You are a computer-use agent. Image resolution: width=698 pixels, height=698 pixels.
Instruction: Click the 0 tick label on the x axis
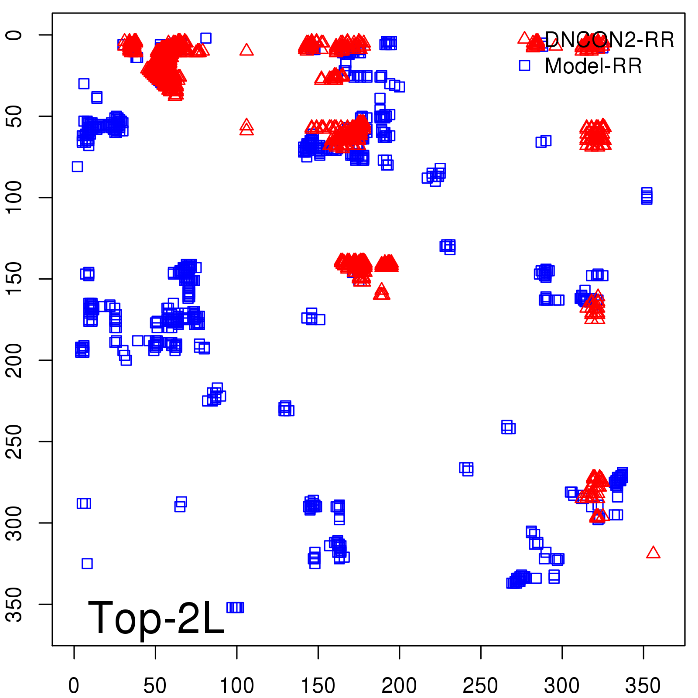[x=74, y=685]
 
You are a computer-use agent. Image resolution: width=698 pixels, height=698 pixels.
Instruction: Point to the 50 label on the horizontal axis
[x=155, y=685]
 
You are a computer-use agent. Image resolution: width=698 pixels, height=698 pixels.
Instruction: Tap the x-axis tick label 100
[x=236, y=685]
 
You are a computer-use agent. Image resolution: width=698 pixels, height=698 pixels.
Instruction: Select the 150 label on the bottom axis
[x=318, y=685]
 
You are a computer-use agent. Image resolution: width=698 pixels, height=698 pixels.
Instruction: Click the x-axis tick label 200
[x=399, y=685]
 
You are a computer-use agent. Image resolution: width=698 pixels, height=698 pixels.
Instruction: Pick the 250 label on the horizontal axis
[x=480, y=685]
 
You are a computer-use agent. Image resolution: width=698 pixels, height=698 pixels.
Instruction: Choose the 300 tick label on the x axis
[x=562, y=685]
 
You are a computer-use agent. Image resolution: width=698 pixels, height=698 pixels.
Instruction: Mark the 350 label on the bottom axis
[x=643, y=685]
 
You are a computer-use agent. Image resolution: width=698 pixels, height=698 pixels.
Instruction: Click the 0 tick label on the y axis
[x=14, y=35]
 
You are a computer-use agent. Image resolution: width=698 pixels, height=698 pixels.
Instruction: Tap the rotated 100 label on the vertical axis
[x=14, y=197]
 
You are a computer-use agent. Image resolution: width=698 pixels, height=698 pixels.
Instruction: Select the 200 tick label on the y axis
[x=14, y=360]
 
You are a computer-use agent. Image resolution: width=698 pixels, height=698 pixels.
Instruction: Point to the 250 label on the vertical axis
[x=14, y=441]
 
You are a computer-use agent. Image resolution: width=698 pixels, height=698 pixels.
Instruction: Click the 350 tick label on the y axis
[x=14, y=604]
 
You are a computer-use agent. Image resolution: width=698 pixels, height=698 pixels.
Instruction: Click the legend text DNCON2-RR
[x=609, y=40]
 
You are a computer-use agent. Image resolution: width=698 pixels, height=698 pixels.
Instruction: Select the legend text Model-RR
[x=593, y=66]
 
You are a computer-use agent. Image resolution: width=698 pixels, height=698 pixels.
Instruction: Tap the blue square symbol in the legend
[x=524, y=65]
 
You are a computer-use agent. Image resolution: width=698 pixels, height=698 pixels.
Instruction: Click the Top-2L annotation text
[x=156, y=618]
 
